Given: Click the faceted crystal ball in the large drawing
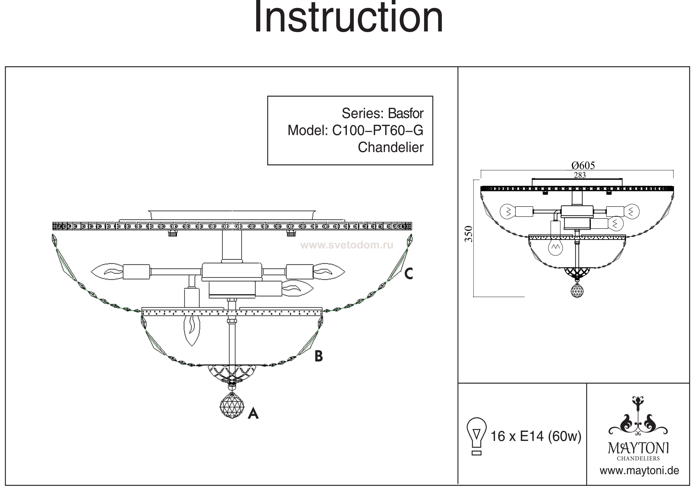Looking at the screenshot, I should [x=232, y=405].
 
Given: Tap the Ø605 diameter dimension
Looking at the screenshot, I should [x=583, y=166].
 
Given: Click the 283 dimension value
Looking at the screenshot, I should [x=580, y=175].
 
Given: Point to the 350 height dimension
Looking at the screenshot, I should [x=469, y=234].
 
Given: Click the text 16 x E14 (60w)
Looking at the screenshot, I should [x=536, y=436].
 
